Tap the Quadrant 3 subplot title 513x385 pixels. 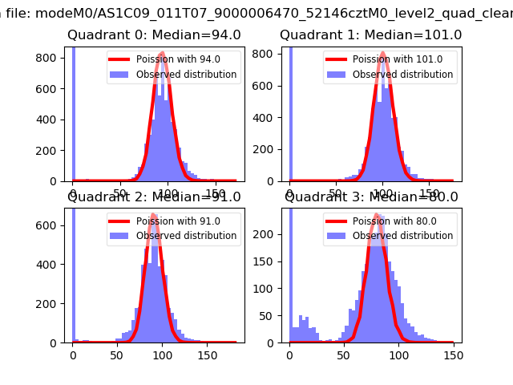pos(370,197)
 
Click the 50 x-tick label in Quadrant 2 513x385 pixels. pos(118,355)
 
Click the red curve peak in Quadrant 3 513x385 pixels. pos(375,215)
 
